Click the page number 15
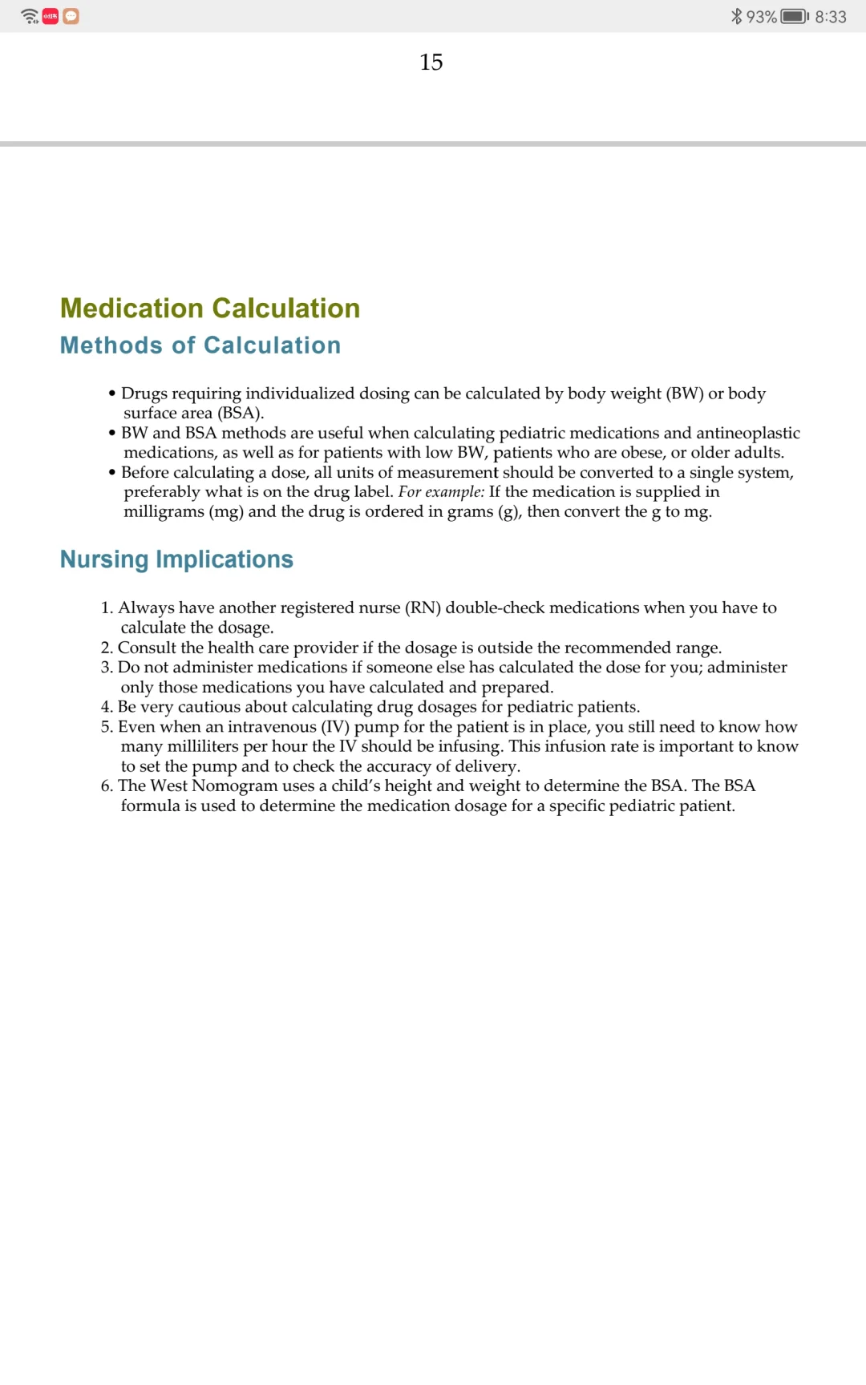[431, 63]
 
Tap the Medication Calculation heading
[210, 309]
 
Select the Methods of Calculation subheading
[200, 345]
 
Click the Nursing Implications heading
[176, 559]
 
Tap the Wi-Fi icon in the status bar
[30, 16]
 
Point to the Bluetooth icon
[736, 16]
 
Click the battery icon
[795, 16]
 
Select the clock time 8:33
[831, 17]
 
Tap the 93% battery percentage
[761, 17]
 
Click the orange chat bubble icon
[71, 16]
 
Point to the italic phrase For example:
[441, 492]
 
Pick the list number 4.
[106, 707]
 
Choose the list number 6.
[106, 786]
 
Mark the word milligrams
[164, 512]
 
